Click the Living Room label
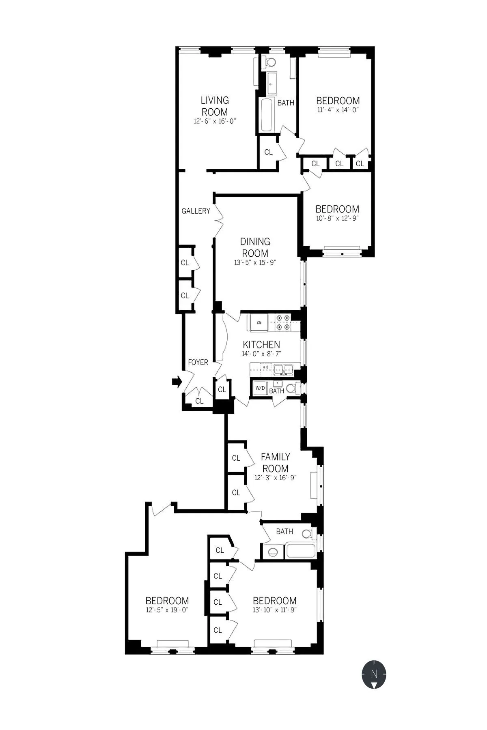[215, 106]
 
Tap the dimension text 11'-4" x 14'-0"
[338, 110]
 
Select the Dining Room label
[255, 247]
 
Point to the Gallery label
[196, 211]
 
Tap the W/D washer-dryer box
[260, 389]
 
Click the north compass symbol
[374, 674]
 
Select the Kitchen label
[261, 344]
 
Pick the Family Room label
[275, 462]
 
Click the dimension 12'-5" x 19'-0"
[167, 610]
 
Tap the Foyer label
[198, 362]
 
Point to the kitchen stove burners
[283, 322]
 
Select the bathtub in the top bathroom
[267, 114]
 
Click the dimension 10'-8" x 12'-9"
[337, 218]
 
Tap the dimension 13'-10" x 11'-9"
[275, 610]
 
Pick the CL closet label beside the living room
[268, 152]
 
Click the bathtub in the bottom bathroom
[300, 552]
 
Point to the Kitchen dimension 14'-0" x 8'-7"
[261, 354]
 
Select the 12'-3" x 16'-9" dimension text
[275, 478]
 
